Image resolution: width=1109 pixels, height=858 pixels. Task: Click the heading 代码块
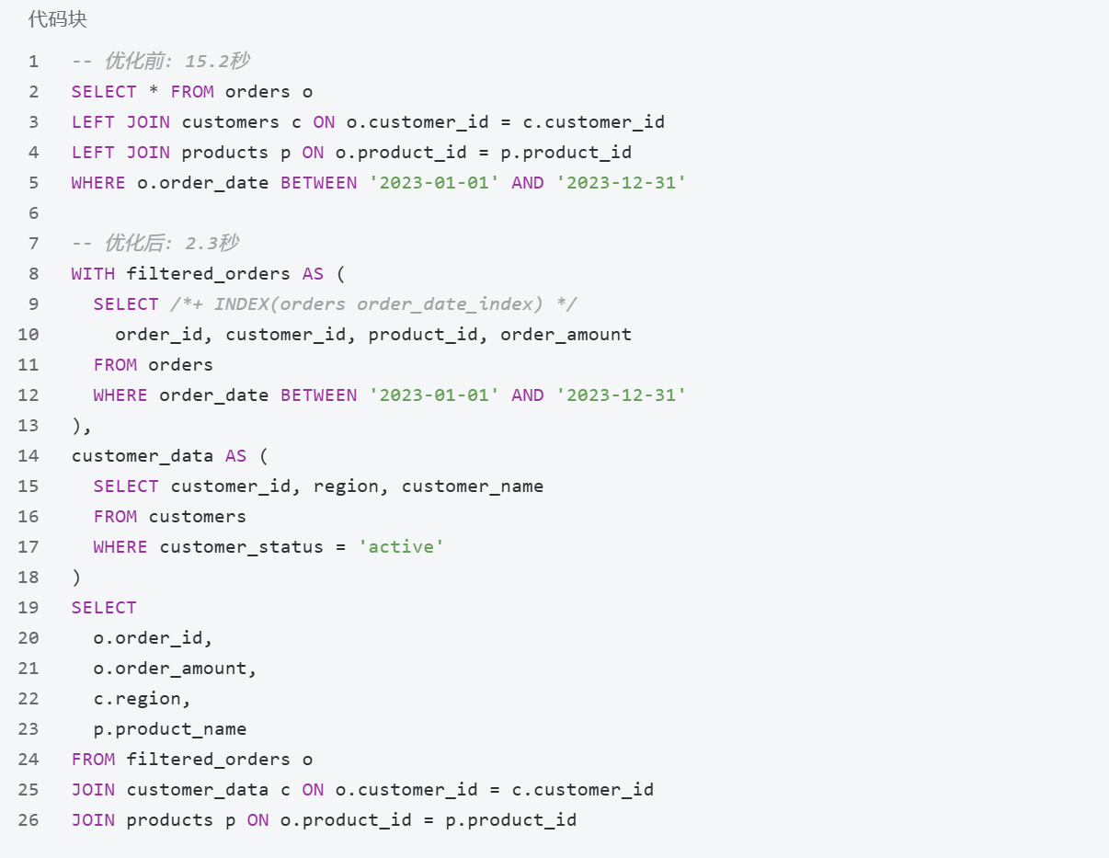57,19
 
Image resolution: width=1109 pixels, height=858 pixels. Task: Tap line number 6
34,213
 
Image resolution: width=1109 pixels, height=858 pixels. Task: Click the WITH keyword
93,274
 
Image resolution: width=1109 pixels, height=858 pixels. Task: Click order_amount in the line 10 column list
566,335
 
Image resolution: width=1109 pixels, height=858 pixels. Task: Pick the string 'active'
401,547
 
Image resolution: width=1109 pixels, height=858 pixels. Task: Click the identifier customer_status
242,547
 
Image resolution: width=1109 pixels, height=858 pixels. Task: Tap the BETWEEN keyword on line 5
318,183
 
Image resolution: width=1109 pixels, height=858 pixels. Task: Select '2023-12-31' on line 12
621,395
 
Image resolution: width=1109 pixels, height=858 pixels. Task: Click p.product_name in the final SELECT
170,729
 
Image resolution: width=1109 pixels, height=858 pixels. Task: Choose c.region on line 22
142,699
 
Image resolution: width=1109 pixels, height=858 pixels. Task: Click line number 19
29,608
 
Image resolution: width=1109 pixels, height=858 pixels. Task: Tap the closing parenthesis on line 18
76,578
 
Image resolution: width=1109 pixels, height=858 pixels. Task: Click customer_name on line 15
473,486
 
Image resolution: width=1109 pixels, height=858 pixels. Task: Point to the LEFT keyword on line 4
93,153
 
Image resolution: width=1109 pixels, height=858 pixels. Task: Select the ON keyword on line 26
257,820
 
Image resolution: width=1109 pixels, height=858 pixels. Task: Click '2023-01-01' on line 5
434,183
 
